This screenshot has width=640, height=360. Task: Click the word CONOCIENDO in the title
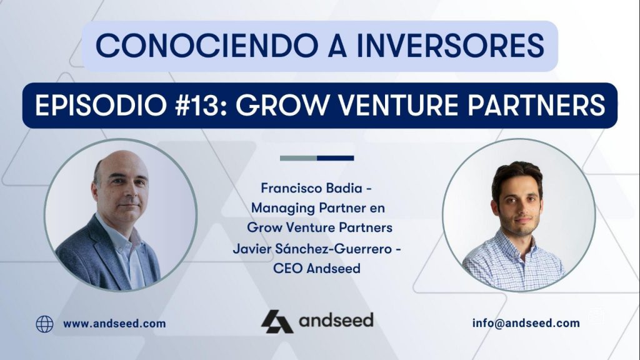tap(184, 46)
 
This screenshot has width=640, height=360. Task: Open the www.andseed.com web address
tap(114, 324)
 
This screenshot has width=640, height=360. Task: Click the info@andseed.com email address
tap(526, 324)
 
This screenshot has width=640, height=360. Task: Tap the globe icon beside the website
tap(44, 324)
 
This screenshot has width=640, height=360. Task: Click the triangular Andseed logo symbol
tap(276, 322)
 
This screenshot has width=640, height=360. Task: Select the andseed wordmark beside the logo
tap(336, 321)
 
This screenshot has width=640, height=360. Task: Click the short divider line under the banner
tap(317, 158)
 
